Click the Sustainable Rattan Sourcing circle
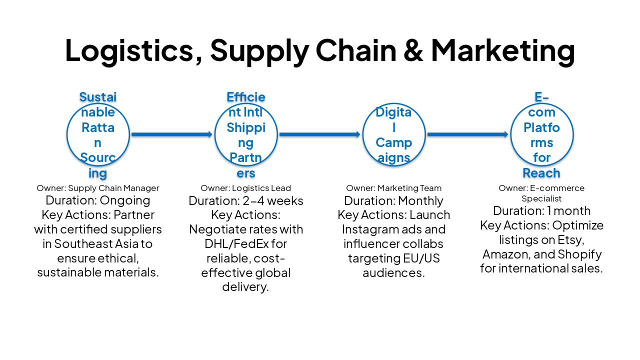[x=98, y=134]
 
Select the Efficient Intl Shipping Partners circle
[x=246, y=134]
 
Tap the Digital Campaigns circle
[x=394, y=134]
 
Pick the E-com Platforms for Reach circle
[x=542, y=134]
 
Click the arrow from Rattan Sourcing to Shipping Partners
[x=172, y=134]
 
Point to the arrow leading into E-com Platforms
[x=468, y=134]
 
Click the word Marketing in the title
[x=503, y=50]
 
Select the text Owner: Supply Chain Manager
[x=98, y=188]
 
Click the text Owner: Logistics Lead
[x=246, y=188]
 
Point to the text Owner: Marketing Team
[x=394, y=188]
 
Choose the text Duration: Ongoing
[x=98, y=200]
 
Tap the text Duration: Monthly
[x=394, y=201]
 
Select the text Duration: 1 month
[x=542, y=210]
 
